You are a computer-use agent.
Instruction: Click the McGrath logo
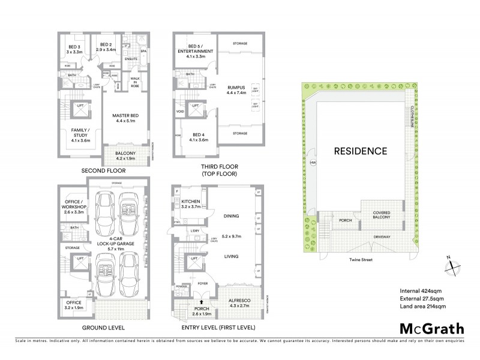pyautogui.click(x=431, y=329)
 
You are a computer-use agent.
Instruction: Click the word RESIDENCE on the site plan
pyautogui.click(x=360, y=151)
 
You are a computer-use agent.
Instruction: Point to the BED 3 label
pyautogui.click(x=74, y=49)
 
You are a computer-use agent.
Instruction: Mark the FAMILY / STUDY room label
pyautogui.click(x=74, y=135)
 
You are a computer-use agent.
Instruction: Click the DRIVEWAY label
pyautogui.click(x=382, y=237)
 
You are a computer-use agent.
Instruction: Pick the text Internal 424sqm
pyautogui.click(x=421, y=291)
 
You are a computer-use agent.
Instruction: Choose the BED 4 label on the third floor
pyautogui.click(x=199, y=137)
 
